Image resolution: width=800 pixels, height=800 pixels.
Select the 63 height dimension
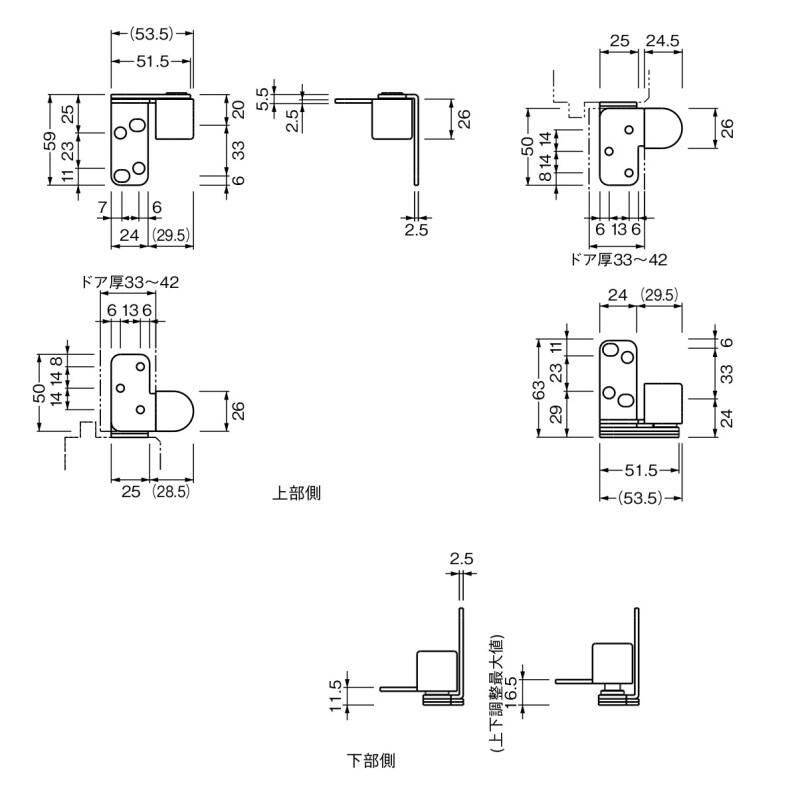[541, 385]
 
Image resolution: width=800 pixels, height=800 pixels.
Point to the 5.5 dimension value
[263, 97]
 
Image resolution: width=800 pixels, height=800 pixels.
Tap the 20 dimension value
[238, 110]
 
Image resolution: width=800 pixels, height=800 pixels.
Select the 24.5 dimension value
[662, 40]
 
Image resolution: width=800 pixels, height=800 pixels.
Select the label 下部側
[371, 761]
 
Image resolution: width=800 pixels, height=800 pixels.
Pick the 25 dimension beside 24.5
[618, 40]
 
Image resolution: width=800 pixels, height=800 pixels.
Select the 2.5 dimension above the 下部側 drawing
[461, 559]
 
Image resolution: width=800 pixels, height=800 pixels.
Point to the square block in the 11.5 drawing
[435, 669]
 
